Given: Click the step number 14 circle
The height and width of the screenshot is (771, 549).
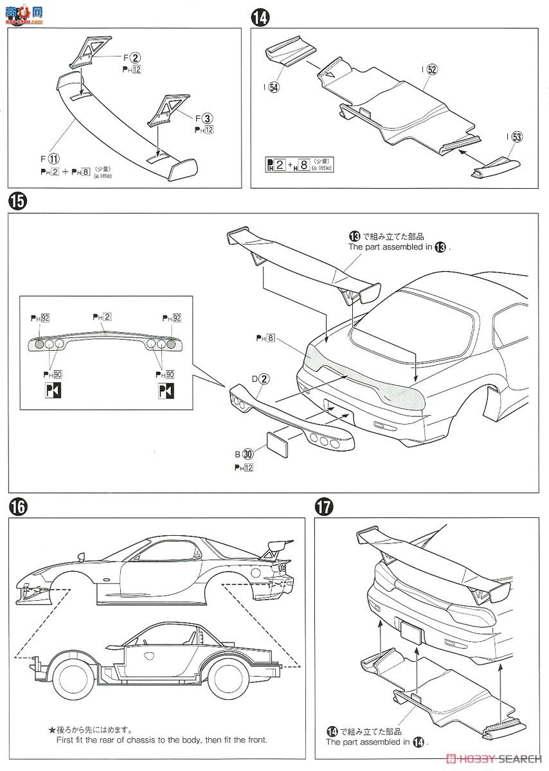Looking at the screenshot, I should click(260, 19).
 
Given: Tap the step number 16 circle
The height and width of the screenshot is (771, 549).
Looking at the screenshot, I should click(17, 507).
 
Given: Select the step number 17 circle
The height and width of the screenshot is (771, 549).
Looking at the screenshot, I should click(325, 507).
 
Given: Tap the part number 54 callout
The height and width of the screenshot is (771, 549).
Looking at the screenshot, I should click(272, 88).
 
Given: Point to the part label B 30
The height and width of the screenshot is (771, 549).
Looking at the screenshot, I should click(244, 456).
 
